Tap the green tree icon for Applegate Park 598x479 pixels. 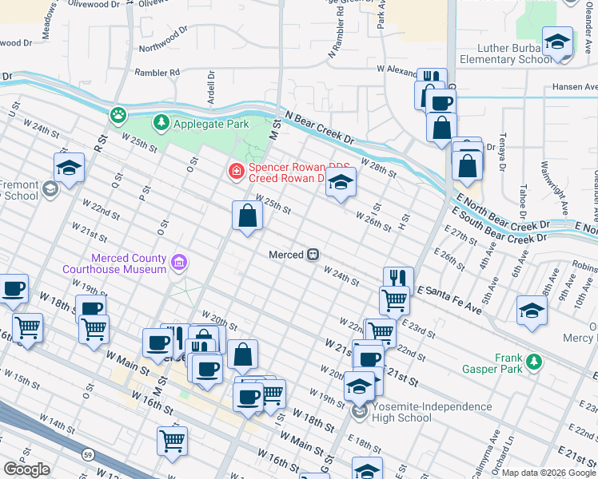[x=162, y=123]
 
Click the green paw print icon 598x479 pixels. [x=118, y=115]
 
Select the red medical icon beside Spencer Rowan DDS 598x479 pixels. [x=236, y=170]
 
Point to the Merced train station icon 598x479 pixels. [x=314, y=255]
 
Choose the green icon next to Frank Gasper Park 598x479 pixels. [x=535, y=362]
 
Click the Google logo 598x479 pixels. [x=26, y=469]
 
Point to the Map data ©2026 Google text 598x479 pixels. [x=548, y=473]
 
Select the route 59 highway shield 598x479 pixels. [x=88, y=455]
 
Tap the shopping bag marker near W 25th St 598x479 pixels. [x=247, y=216]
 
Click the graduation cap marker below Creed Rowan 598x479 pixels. [x=341, y=184]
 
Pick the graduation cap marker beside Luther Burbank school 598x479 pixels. [x=557, y=41]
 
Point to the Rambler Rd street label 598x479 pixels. [x=157, y=73]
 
